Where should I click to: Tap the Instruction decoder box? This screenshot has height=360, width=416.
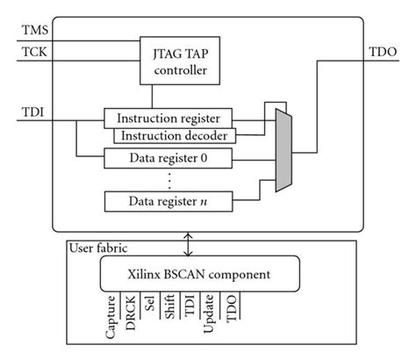coord(175,136)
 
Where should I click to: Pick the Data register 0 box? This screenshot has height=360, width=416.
coord(163,159)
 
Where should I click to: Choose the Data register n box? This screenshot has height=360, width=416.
coord(163,201)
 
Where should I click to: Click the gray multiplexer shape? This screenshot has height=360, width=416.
coord(283,149)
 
